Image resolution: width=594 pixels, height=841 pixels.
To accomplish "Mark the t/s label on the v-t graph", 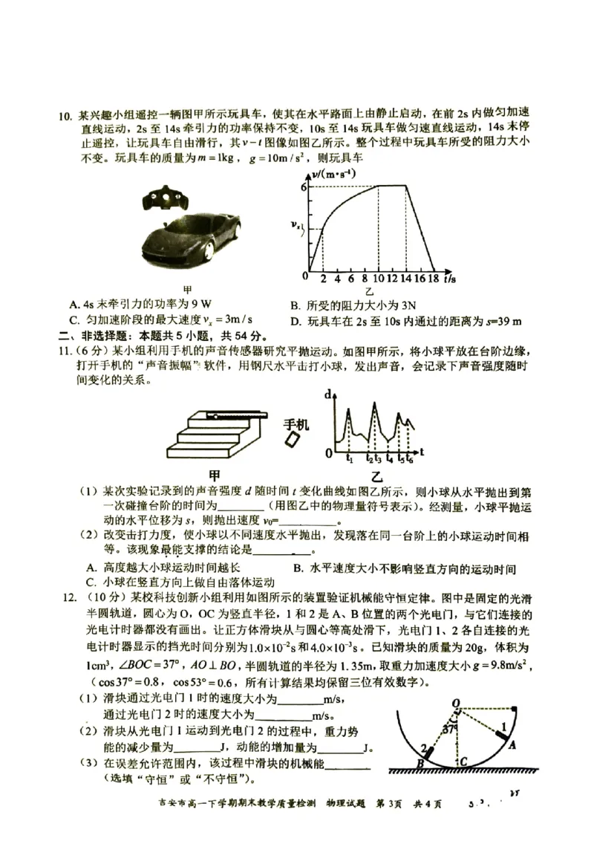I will (x=451, y=279).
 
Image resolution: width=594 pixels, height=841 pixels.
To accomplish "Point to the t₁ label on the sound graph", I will (x=349, y=460).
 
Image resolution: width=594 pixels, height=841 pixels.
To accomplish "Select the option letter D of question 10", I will (x=295, y=321).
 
